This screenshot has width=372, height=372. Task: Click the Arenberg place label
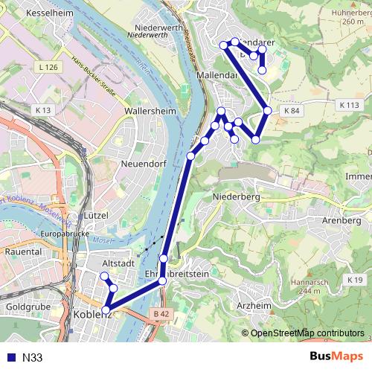pyautogui.click(x=341, y=220)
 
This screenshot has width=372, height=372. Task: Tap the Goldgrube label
pyautogui.click(x=28, y=307)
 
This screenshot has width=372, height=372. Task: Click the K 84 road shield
pyautogui.click(x=291, y=110)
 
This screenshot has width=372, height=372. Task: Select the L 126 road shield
pyautogui.click(x=46, y=68)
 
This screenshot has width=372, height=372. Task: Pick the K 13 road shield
pyautogui.click(x=43, y=110)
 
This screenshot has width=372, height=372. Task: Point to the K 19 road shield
pyautogui.click(x=353, y=279)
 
